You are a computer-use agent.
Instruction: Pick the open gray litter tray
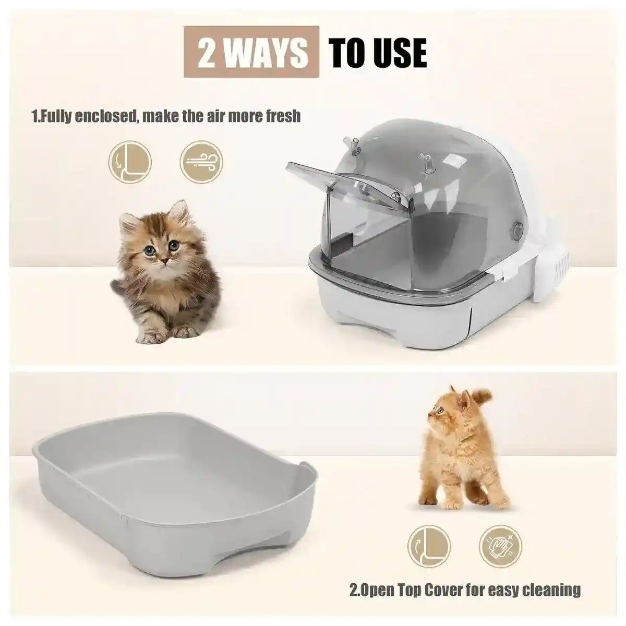(x=172, y=501)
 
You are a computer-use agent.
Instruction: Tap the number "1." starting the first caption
(x=37, y=115)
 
